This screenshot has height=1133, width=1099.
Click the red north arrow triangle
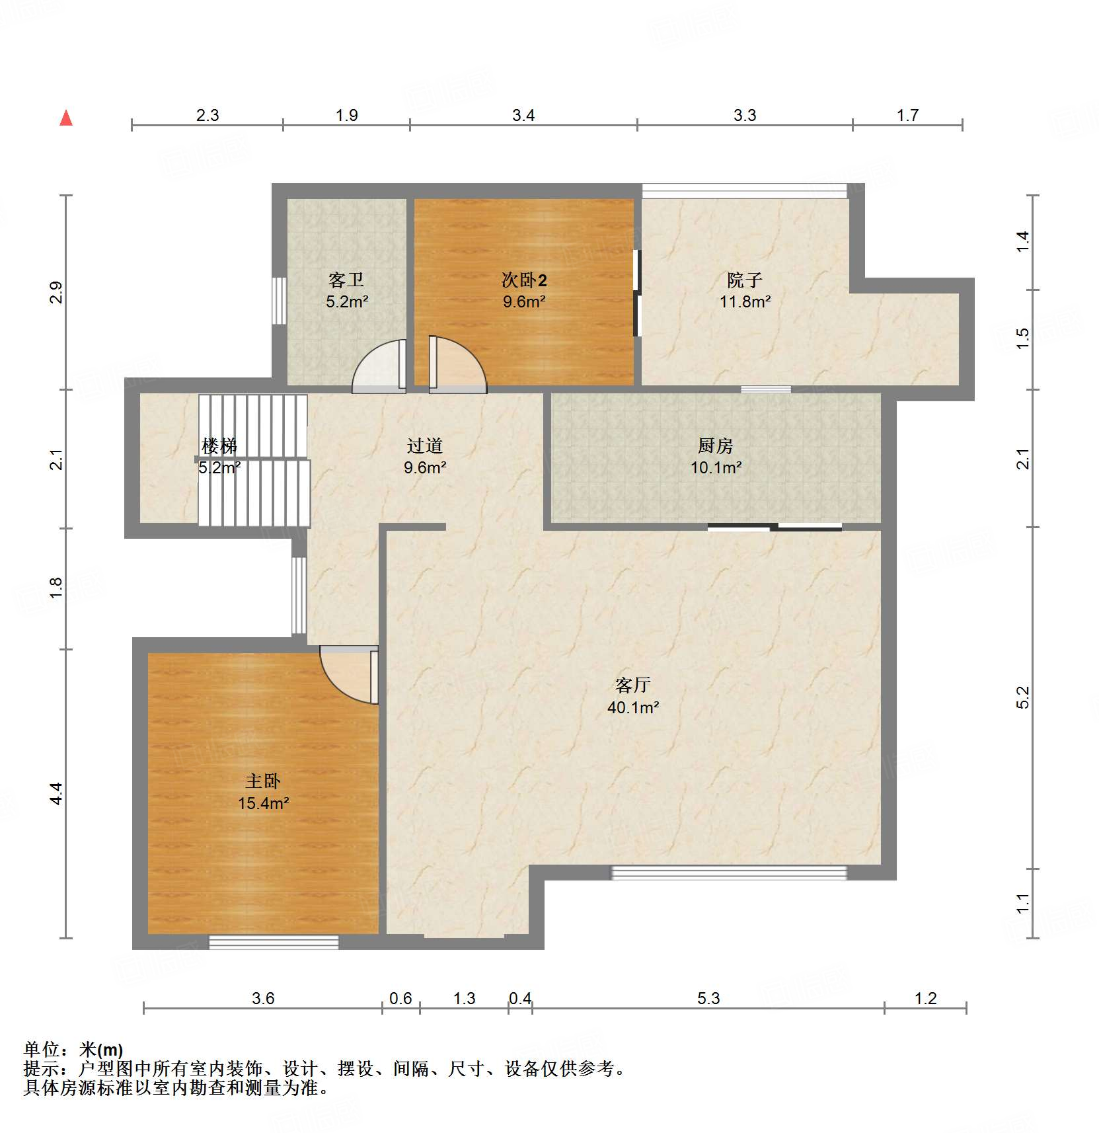(x=66, y=118)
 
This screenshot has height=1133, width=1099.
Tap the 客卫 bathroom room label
(x=346, y=280)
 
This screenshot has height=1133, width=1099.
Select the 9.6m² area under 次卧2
(x=524, y=302)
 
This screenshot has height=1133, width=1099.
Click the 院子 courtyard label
(x=745, y=280)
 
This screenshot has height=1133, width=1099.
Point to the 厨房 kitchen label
(x=716, y=446)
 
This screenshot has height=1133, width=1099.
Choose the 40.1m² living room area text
(x=633, y=707)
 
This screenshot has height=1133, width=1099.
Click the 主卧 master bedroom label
(x=263, y=781)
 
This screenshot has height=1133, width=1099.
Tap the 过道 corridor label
(x=424, y=446)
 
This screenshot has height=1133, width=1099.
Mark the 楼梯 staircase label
(x=219, y=446)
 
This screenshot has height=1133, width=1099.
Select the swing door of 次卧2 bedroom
(x=457, y=365)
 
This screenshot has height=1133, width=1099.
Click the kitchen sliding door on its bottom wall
(x=775, y=527)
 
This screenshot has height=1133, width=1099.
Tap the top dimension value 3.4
(x=523, y=116)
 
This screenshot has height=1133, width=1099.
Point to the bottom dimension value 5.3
(x=708, y=998)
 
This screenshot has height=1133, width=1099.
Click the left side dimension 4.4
(x=56, y=793)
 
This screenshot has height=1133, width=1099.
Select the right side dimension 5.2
(x=1022, y=697)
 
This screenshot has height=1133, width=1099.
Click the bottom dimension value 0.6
(x=400, y=998)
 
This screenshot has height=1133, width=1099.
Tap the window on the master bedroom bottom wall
(x=274, y=942)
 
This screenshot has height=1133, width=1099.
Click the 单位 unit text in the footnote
(x=42, y=1049)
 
